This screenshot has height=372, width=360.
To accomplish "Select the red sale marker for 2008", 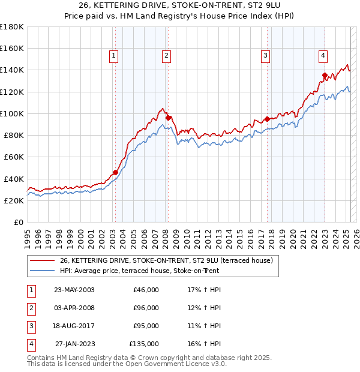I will (x=169, y=118).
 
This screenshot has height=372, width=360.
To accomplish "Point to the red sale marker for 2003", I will (x=115, y=172).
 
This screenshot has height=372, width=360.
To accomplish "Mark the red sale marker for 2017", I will (x=267, y=119).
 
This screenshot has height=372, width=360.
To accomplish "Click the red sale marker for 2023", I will (x=325, y=76).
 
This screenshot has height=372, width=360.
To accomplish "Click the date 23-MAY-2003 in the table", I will (x=74, y=290).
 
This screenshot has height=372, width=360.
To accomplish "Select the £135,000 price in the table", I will (x=144, y=344).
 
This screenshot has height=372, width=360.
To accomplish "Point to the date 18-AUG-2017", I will (x=74, y=326).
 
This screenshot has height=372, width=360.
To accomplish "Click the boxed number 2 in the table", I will (x=31, y=308).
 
